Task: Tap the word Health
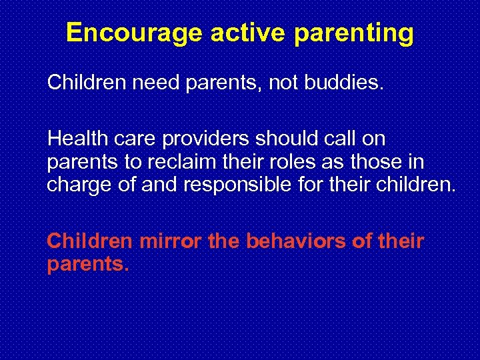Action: (74, 139)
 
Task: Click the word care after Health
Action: (126, 139)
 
